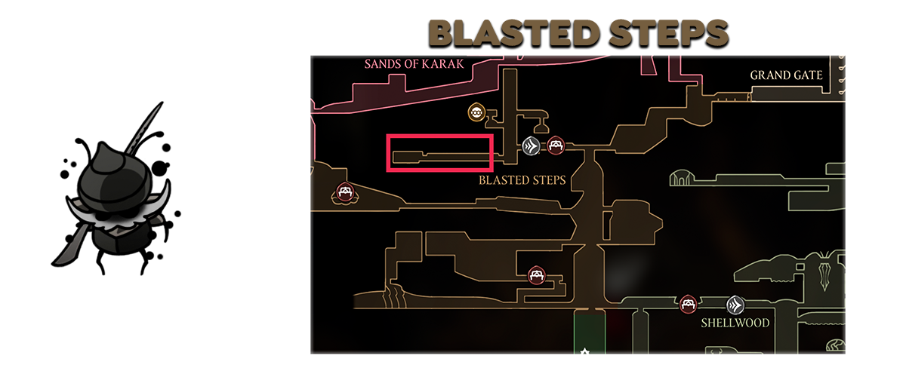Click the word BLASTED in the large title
pos(513,33)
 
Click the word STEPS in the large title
pos(668,33)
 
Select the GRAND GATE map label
pos(786,75)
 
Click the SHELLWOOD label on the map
pos(735,323)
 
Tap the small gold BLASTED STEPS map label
pos(522,180)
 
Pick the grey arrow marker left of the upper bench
pos(531,146)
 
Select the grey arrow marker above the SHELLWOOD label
pos(735,305)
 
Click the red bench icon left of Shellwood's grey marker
pos(688,304)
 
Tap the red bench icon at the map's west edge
pos(344,192)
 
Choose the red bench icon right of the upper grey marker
pos(556,145)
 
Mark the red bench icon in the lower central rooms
pos(537,275)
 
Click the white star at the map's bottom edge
pos(584,351)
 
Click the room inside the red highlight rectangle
pos(441,158)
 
